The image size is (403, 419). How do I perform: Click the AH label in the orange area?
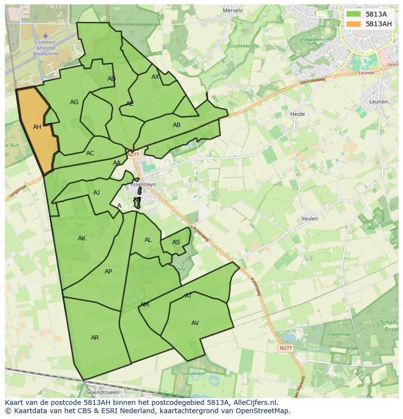(37, 127)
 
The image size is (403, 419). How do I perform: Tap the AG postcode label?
(74, 102)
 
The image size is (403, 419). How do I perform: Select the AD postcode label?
(111, 79)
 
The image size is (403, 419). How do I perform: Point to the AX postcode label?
(155, 77)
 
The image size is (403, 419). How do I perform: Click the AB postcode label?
(177, 125)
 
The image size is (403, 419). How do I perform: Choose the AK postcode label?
(82, 238)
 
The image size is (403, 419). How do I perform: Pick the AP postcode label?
(108, 272)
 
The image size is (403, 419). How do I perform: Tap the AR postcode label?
(95, 338)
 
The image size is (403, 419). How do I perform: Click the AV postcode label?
(195, 323)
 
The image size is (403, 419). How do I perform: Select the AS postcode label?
(176, 242)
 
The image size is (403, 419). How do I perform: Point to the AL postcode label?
(148, 240)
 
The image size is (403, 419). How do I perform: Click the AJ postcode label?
(96, 193)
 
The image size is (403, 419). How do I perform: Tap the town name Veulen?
(310, 219)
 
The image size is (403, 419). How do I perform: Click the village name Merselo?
(232, 10)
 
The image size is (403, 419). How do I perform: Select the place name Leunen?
(379, 102)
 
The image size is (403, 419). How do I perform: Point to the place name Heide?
(297, 114)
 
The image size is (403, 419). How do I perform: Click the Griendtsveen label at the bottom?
(102, 392)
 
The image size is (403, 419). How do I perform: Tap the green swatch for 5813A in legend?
(354, 14)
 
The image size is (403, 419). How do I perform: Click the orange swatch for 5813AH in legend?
(354, 24)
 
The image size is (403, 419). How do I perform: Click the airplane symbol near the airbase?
(46, 36)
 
